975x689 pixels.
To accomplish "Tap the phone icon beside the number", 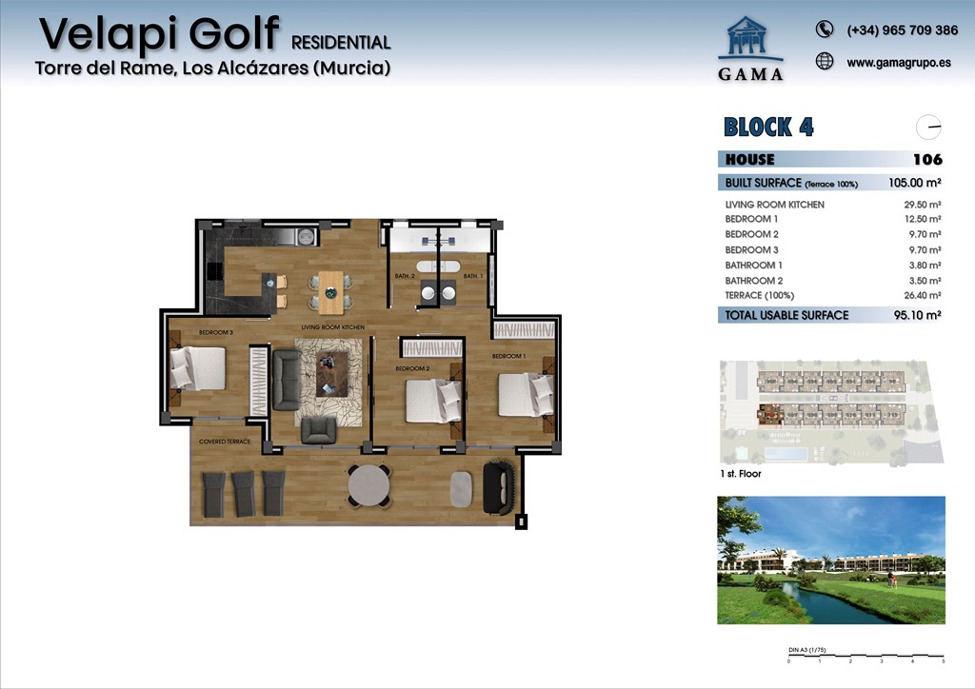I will click(x=825, y=30).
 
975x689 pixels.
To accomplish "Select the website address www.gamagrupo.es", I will click(x=898, y=63).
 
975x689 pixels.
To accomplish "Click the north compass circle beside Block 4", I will click(x=927, y=128).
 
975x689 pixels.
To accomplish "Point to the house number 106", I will click(x=926, y=160).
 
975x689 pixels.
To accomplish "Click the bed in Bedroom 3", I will click(x=198, y=368).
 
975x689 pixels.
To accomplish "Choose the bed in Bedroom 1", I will click(x=526, y=393).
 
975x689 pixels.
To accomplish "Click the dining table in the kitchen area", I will click(x=329, y=292).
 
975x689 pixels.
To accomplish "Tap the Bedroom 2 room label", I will click(x=413, y=367).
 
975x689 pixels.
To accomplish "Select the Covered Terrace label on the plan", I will click(x=225, y=443).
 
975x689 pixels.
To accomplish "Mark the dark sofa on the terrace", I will click(x=497, y=487).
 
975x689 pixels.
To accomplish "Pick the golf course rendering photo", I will click(x=830, y=560).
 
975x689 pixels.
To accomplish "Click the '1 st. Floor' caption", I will click(x=742, y=473).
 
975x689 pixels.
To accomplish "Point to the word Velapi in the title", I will click(x=108, y=35).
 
